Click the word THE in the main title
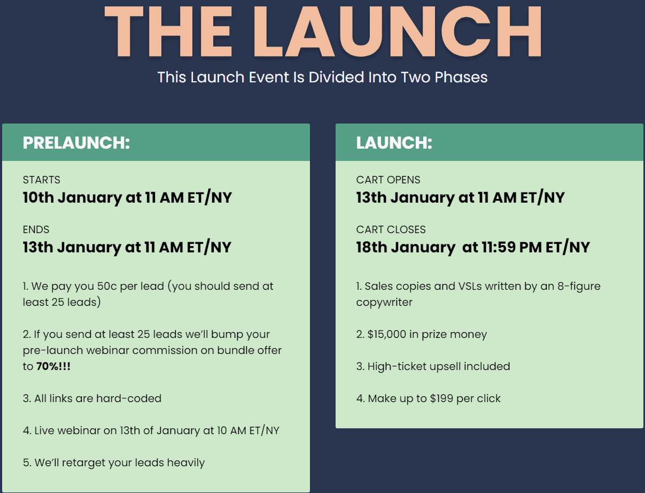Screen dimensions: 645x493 click(x=168, y=32)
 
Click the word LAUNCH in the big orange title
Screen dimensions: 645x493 click(x=397, y=32)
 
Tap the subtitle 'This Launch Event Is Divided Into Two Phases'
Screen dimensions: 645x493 click(x=322, y=78)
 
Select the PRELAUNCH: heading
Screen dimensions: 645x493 click(x=76, y=143)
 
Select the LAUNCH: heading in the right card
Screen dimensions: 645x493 click(x=394, y=143)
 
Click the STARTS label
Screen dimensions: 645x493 click(x=42, y=180)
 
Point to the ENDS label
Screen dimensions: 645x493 click(x=36, y=229)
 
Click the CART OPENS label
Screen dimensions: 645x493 click(x=388, y=180)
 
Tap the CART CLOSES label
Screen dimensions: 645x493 click(x=391, y=229)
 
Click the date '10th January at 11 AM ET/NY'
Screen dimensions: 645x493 click(x=128, y=197)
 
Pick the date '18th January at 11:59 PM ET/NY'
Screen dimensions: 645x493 click(x=473, y=247)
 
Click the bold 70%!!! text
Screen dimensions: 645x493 click(x=53, y=366)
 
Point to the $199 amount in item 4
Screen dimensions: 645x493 click(x=441, y=398)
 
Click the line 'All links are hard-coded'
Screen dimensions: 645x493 click(x=92, y=398)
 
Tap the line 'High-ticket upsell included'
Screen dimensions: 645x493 click(x=433, y=367)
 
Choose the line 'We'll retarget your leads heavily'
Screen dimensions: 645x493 click(x=114, y=463)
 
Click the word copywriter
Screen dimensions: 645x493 click(x=384, y=303)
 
